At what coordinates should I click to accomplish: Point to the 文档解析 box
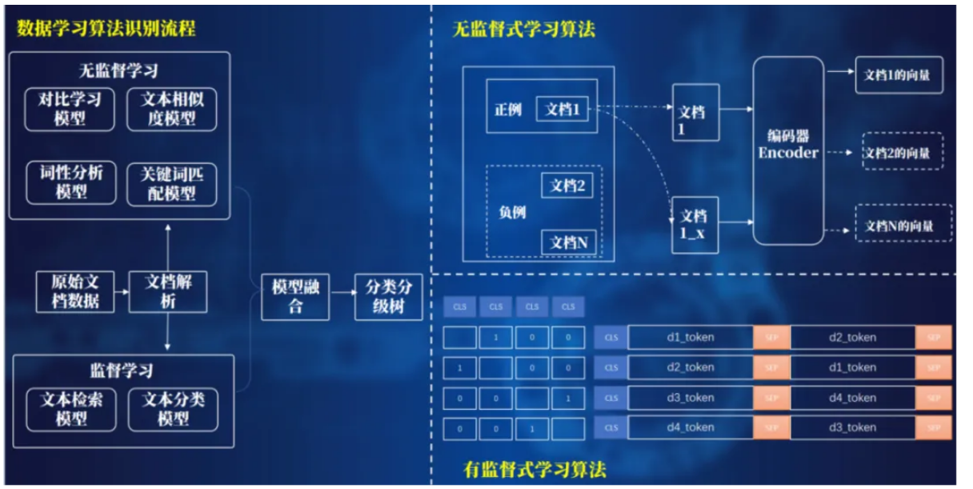click(168, 291)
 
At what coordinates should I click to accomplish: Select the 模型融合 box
click(295, 297)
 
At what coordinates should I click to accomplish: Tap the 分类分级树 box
click(388, 297)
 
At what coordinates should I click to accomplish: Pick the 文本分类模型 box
click(173, 408)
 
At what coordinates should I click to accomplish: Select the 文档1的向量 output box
click(898, 74)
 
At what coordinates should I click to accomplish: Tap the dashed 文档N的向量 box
click(903, 226)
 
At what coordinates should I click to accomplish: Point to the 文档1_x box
click(694, 224)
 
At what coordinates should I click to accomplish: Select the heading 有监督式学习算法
click(535, 469)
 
